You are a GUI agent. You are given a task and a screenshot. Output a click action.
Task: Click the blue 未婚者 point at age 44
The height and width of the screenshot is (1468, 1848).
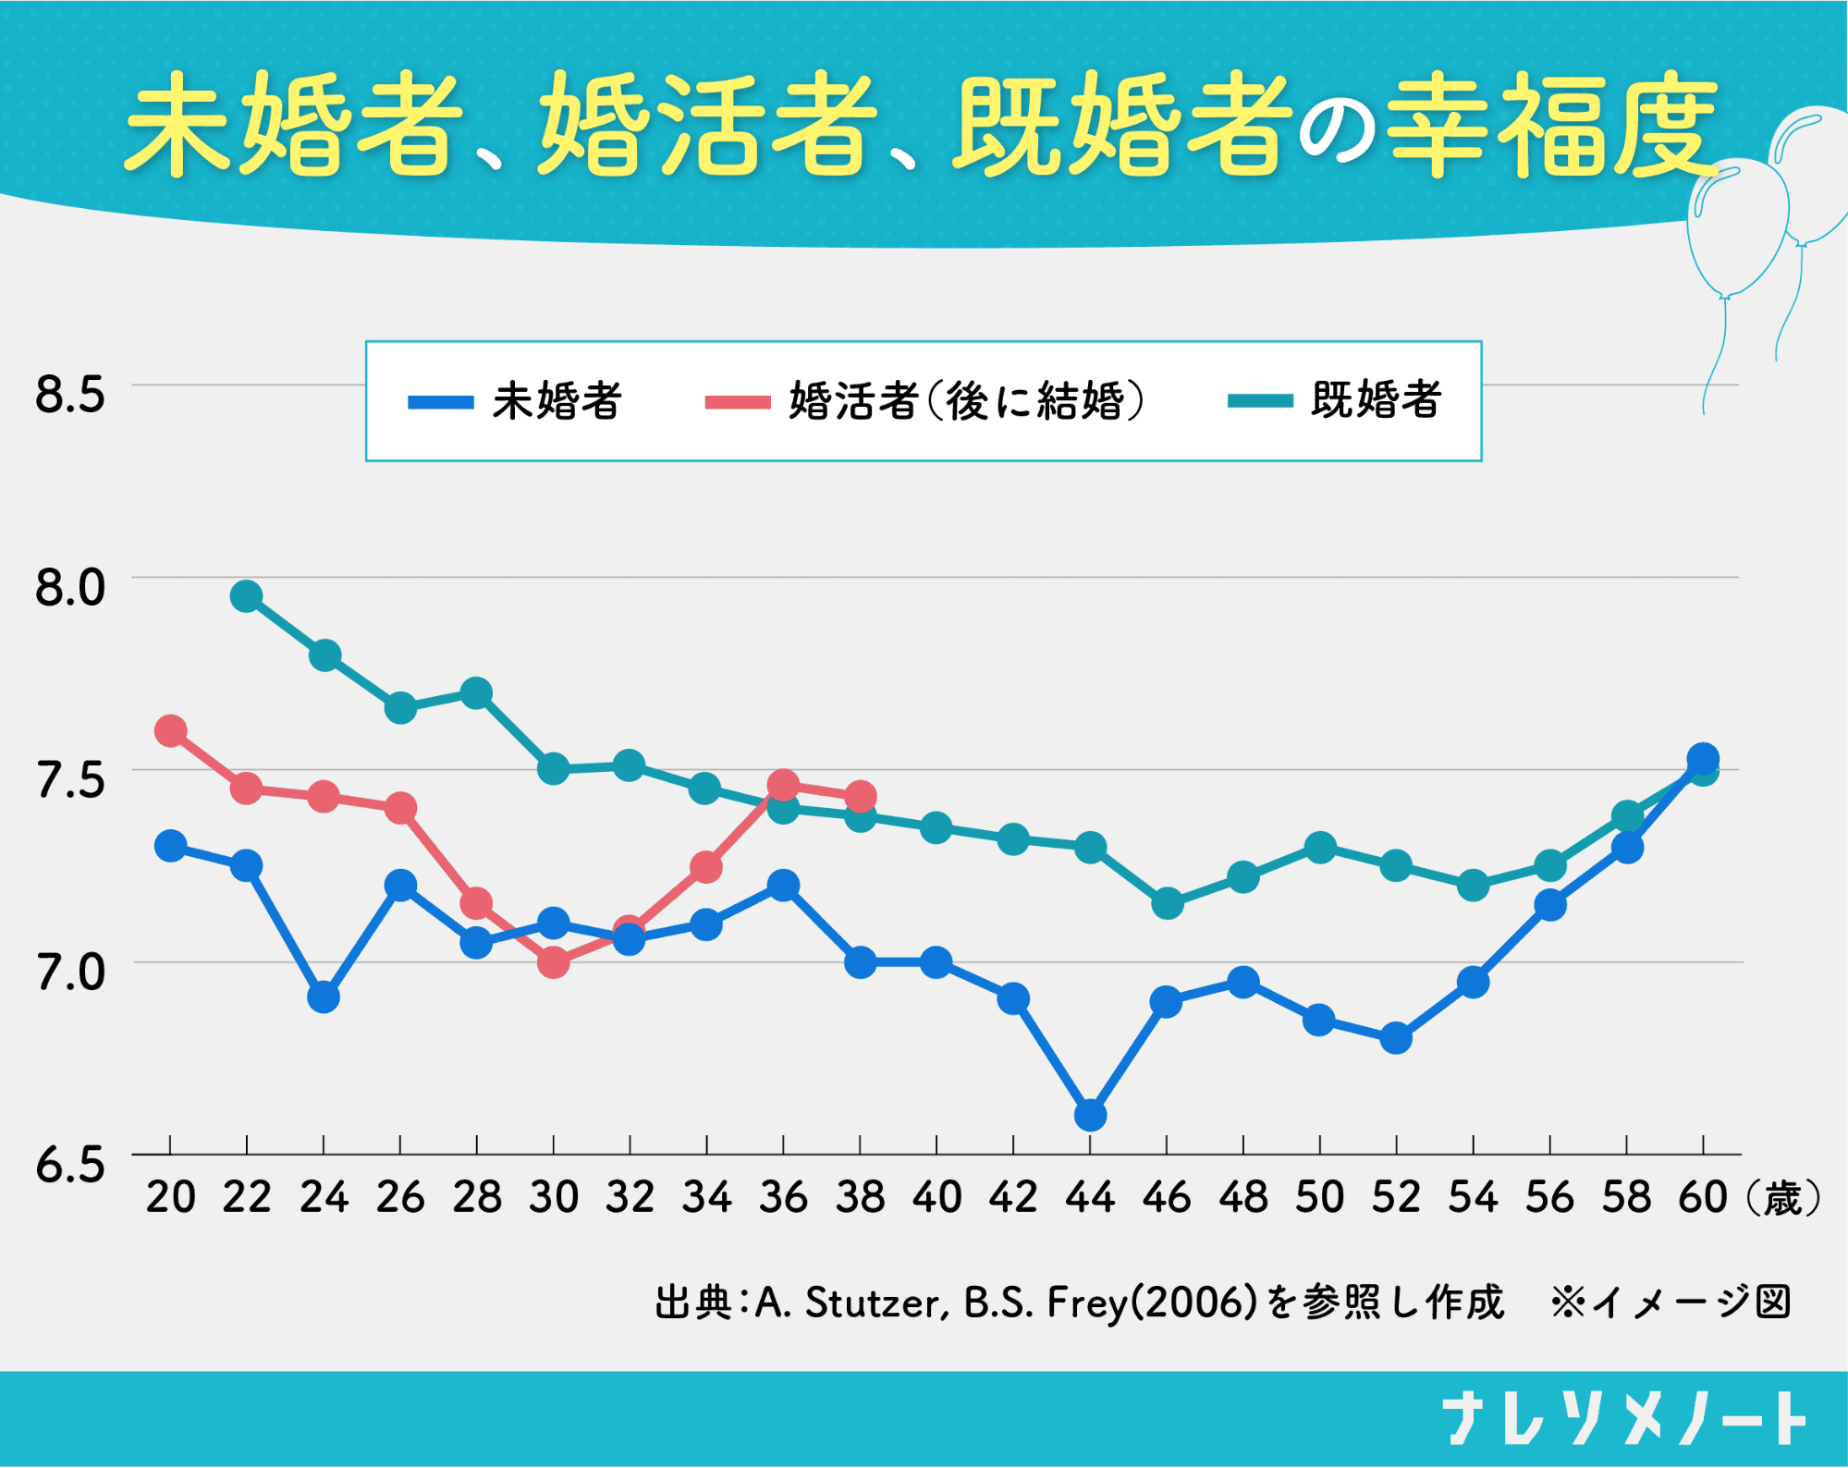pyautogui.click(x=1090, y=1115)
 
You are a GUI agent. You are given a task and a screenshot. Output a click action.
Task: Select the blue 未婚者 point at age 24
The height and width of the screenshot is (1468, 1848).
pyautogui.click(x=323, y=997)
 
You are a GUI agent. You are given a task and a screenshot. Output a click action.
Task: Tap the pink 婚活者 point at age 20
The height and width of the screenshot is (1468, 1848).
pyautogui.click(x=170, y=731)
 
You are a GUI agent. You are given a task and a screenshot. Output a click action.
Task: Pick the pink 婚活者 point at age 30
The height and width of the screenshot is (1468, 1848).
pyautogui.click(x=553, y=962)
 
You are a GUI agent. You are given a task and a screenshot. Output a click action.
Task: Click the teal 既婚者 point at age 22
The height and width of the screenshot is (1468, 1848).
pyautogui.click(x=246, y=596)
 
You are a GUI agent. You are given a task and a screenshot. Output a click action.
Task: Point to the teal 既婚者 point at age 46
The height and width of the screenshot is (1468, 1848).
pyautogui.click(x=1167, y=903)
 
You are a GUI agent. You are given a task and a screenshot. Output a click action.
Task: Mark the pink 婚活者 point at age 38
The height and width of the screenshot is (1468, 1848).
pyautogui.click(x=860, y=795)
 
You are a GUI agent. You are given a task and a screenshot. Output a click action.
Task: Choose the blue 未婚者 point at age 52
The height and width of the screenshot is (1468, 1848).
pyautogui.click(x=1396, y=1038)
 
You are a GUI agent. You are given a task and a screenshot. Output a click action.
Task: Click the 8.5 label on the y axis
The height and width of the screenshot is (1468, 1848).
pyautogui.click(x=70, y=394)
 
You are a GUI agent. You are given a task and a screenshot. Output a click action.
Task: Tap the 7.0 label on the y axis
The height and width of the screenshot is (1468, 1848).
pyautogui.click(x=70, y=972)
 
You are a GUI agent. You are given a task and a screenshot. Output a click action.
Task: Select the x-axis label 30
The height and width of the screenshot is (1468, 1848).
pyautogui.click(x=553, y=1197)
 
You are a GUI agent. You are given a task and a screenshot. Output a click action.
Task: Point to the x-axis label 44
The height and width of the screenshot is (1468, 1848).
pyautogui.click(x=1090, y=1197)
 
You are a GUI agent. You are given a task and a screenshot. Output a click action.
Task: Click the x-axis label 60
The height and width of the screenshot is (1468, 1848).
pyautogui.click(x=1703, y=1197)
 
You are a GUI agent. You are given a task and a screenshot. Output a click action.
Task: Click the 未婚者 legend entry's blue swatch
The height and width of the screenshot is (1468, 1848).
pyautogui.click(x=441, y=402)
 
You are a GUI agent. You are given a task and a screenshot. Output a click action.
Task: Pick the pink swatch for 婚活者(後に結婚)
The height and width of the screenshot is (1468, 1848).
pyautogui.click(x=737, y=402)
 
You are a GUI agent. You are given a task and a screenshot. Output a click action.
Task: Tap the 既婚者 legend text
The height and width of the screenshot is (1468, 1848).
pyautogui.click(x=1376, y=400)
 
